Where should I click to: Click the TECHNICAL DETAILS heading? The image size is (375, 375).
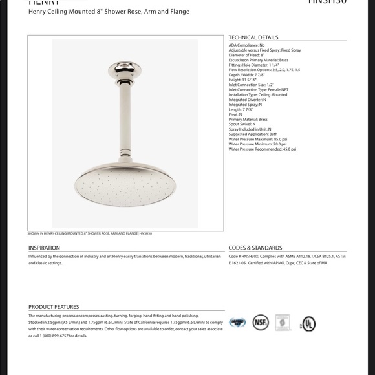pos(253,38)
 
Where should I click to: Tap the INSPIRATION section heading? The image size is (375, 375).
pos(44,248)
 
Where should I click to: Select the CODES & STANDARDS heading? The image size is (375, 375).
pos(255,248)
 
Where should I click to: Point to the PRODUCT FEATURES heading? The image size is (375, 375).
pos(54,307)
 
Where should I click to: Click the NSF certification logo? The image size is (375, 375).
pos(261,323)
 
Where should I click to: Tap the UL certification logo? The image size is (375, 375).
pos(308,323)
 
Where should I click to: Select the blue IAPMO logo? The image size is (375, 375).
pos(237,322)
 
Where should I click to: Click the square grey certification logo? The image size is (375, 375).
pos(283,323)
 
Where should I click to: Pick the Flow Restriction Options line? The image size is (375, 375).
pos(264,69)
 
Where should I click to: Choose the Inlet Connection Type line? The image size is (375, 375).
pos(258,90)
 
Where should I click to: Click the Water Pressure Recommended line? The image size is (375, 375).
pos(262,149)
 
